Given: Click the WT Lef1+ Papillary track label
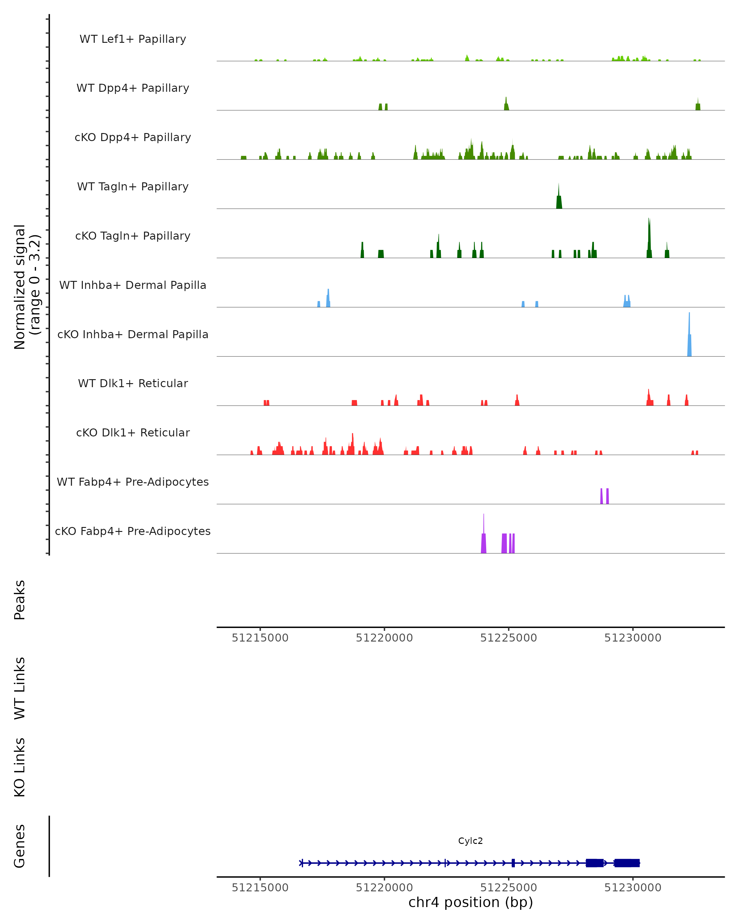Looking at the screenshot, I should (133, 39).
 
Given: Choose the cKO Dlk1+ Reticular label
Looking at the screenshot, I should (133, 432).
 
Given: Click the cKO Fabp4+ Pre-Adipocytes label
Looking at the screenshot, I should (133, 531).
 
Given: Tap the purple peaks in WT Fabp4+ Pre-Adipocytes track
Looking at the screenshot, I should (604, 496).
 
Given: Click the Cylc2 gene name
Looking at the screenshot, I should (470, 841).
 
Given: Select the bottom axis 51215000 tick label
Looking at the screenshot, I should (260, 888).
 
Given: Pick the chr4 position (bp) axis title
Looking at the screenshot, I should (470, 902).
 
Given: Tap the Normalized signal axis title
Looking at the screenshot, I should (26, 287).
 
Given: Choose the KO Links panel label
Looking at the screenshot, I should (20, 767).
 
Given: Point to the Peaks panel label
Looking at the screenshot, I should (20, 600).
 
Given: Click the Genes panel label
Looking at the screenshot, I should (20, 846).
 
